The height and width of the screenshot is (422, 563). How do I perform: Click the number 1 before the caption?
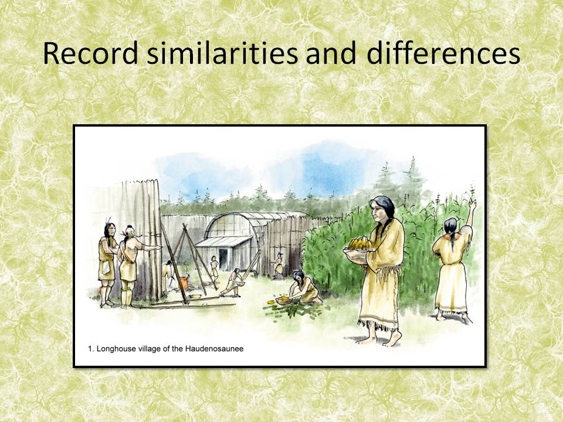[91, 349]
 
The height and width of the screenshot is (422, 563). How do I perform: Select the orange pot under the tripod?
[183, 283]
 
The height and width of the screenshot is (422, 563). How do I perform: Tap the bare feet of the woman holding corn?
[381, 339]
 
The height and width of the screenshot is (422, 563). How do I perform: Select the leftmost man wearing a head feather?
[107, 258]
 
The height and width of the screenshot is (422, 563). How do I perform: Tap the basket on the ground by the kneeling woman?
[282, 301]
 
